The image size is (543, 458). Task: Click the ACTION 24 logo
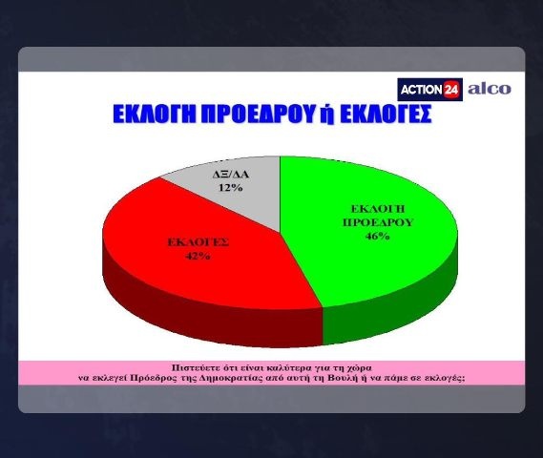[429, 90]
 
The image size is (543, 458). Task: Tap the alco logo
[490, 89]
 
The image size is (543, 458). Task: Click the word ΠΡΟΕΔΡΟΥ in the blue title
[260, 114]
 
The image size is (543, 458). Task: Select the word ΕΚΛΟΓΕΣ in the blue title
[386, 114]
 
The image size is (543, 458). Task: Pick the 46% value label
[378, 236]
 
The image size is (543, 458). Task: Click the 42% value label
[198, 256]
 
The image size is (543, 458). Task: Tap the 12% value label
[230, 188]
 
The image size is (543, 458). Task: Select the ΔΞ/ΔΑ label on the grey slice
[231, 174]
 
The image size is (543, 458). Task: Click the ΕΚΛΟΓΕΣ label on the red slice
[198, 242]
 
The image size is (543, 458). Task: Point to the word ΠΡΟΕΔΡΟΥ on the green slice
[378, 222]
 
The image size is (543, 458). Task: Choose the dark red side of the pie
[208, 312]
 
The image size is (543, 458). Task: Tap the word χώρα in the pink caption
[359, 367]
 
